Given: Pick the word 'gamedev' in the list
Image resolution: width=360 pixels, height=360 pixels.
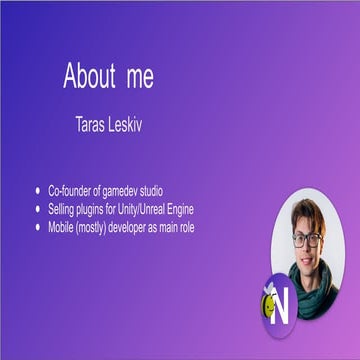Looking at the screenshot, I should (126, 190).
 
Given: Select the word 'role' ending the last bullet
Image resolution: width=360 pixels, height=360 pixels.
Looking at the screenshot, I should (215, 226).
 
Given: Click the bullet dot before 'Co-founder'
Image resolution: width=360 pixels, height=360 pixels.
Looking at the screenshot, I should (38, 190).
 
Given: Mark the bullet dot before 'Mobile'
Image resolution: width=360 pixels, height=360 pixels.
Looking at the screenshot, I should (38, 226).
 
